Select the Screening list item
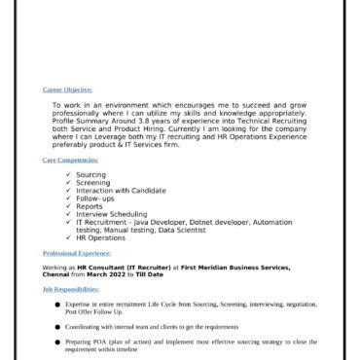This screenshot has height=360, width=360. [92, 183]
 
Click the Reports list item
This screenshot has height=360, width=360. [90, 206]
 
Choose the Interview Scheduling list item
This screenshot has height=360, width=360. [112, 214]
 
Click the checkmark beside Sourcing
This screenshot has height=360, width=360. [67, 175]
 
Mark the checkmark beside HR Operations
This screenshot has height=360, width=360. [67, 237]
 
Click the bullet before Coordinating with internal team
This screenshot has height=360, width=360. [56, 328]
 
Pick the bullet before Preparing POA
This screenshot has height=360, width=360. [56, 343]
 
